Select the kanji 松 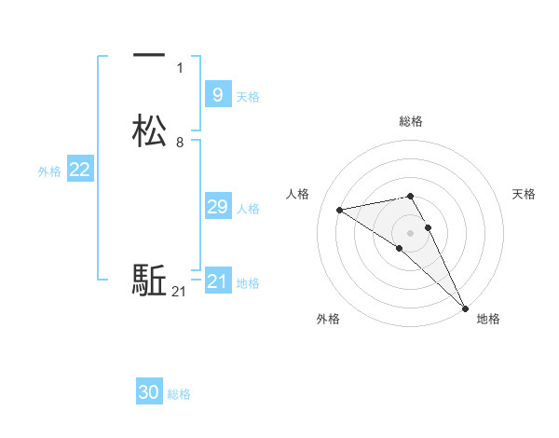point(149,131)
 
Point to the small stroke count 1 point(180,68)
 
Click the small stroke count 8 point(180,143)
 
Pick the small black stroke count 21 point(179,293)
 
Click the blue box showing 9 point(217,94)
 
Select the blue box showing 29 point(217,207)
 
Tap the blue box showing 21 point(217,281)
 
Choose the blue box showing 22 point(80,170)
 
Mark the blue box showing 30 point(149,392)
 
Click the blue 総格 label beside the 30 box point(179,394)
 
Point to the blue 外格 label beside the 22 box point(49,171)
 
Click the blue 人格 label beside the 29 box point(248,209)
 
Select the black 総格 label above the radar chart point(411,121)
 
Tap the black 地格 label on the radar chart point(488,320)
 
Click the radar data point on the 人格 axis point(340,210)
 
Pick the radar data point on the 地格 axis point(465,307)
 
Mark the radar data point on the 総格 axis point(411,196)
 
